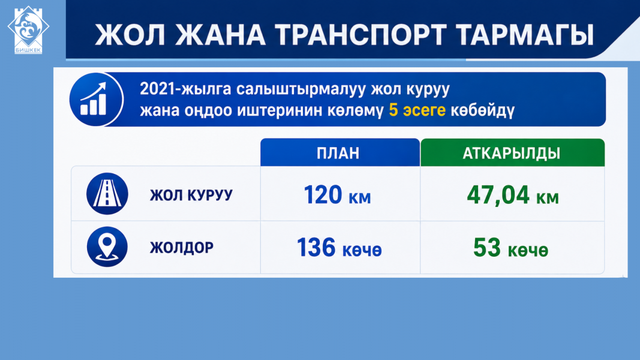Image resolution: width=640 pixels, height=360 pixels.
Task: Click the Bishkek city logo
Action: (x=28, y=30)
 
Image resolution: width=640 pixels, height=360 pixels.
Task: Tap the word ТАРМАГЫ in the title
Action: (x=524, y=35)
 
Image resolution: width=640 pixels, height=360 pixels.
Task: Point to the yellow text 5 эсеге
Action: (x=417, y=110)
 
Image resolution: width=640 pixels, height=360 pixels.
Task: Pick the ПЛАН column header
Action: (x=338, y=153)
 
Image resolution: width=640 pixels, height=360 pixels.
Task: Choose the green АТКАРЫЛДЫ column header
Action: (x=512, y=153)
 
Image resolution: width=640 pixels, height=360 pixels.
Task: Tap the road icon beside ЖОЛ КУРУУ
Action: (x=107, y=194)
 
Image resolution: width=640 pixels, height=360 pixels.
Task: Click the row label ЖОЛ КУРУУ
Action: (x=191, y=195)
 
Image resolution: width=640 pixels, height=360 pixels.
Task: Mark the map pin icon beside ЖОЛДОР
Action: (x=107, y=247)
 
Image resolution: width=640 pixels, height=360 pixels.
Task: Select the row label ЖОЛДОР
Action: (x=182, y=248)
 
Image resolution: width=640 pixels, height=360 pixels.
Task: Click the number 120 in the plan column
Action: (x=323, y=194)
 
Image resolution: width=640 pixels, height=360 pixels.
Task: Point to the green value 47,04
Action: (x=498, y=195)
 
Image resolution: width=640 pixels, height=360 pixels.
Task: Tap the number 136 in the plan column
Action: (x=316, y=248)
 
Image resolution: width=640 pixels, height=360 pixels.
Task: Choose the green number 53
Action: (x=487, y=248)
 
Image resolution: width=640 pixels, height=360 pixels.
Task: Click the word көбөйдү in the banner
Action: (x=482, y=110)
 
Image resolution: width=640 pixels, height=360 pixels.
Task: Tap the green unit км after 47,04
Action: (x=548, y=198)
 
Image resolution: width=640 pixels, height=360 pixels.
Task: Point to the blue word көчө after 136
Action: (x=362, y=250)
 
